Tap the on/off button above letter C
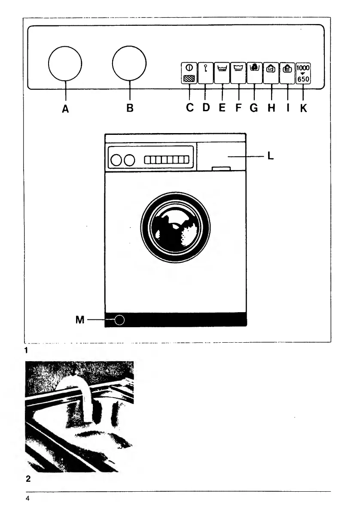189,73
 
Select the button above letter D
205,73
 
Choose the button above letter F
238,73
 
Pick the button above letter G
254,73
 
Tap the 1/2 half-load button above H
271,73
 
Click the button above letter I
287,73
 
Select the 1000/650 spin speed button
303,73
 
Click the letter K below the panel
304,109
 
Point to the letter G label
254,109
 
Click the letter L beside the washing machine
270,157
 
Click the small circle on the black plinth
120,320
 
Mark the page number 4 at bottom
27,499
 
